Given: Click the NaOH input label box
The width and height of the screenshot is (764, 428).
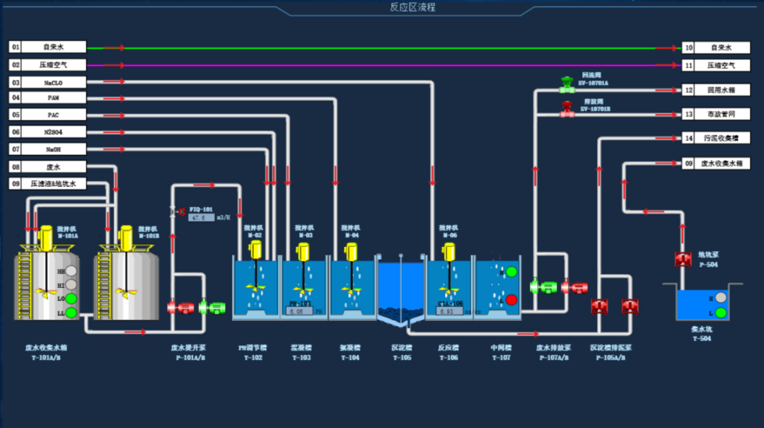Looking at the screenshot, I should click(54, 149).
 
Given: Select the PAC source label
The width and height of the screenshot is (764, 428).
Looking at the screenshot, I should click(54, 115).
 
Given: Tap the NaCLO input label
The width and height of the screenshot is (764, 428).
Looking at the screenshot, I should click(54, 83).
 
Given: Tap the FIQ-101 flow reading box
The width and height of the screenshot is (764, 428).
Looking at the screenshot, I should click(201, 218).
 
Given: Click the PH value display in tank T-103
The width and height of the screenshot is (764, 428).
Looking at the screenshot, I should click(300, 311).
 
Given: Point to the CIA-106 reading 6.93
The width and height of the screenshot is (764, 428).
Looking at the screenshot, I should click(446, 311).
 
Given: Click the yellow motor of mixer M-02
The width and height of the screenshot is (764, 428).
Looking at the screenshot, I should click(255, 249).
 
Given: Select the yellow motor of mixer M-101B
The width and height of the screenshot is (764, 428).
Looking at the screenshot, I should click(127, 238).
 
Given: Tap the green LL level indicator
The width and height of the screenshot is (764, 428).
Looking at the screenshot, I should click(71, 312).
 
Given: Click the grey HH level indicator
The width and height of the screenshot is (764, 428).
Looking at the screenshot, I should click(71, 271).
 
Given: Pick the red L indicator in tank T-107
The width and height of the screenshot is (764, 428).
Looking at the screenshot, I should click(511, 299).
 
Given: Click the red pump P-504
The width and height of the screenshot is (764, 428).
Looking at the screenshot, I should click(683, 260).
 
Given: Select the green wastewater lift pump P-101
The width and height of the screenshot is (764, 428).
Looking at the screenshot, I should click(212, 308).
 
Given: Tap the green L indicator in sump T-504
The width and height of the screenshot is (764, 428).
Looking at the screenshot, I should click(720, 312).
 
